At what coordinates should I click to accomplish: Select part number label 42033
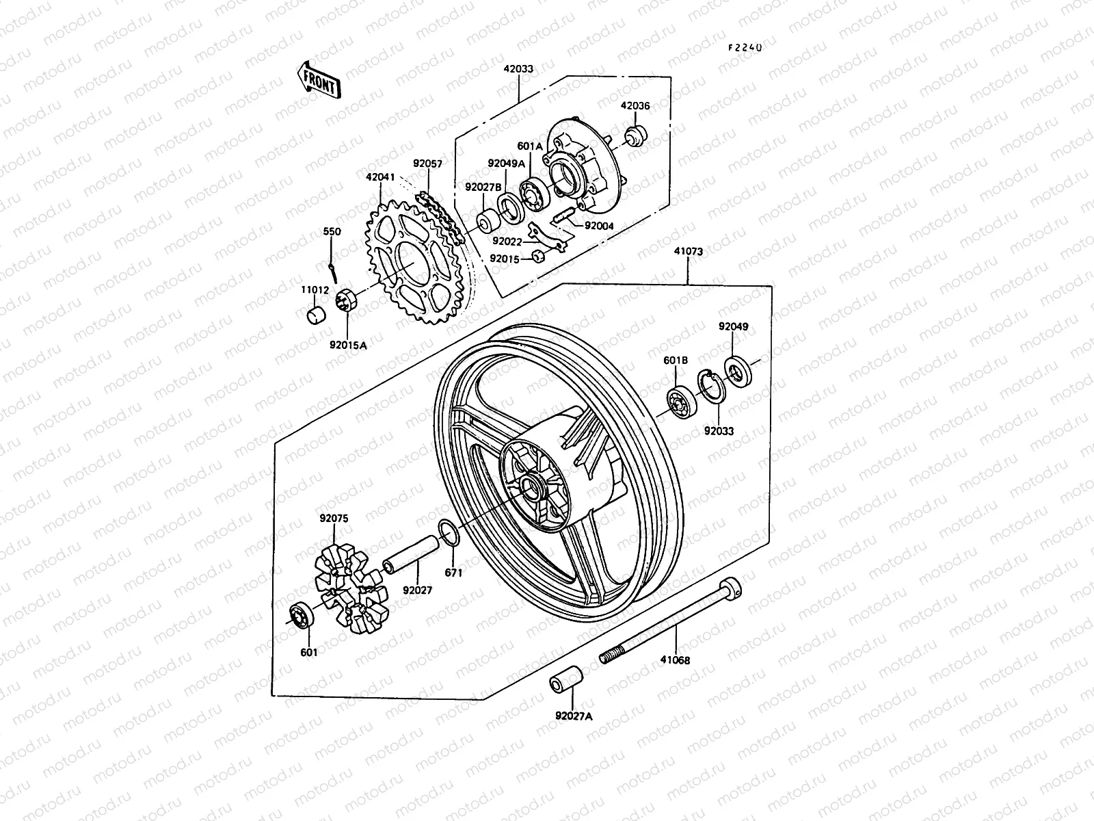(x=518, y=69)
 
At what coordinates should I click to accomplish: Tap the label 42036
(x=635, y=106)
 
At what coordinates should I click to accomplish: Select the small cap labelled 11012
(x=315, y=317)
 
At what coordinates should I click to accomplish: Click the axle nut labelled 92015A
(x=345, y=301)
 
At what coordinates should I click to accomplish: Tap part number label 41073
(x=687, y=252)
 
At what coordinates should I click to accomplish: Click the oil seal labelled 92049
(x=737, y=370)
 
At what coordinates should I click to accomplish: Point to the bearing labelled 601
(x=301, y=615)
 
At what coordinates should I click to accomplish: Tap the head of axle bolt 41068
(x=731, y=586)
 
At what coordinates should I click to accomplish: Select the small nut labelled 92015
(x=537, y=258)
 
